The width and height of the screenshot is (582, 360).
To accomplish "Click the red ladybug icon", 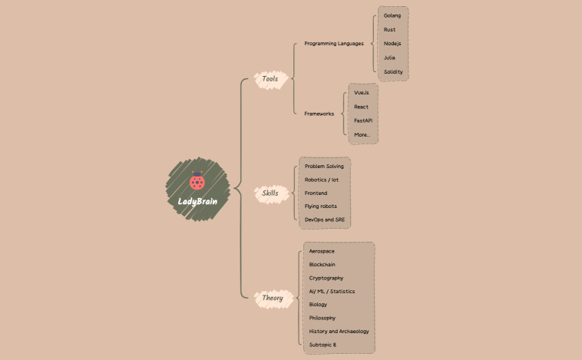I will pos(197,183).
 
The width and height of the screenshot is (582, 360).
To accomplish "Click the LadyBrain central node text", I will pos(197,202).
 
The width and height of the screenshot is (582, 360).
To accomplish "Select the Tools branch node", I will pos(270,79).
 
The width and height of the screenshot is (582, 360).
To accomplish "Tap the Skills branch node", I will pos(270,193).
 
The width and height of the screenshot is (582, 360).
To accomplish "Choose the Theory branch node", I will pos(272,298).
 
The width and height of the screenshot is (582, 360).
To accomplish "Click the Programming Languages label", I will pos(333,43).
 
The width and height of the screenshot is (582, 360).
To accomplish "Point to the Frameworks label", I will pos(319,114).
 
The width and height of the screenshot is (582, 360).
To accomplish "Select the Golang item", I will pos(392,15).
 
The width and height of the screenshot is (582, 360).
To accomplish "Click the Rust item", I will pos(390,29).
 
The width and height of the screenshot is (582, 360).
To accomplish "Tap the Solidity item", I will pos(393,71).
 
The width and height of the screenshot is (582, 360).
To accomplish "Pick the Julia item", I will pos(390,58).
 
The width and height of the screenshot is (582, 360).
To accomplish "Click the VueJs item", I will pos(362,92).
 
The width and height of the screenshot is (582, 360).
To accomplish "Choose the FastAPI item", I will pos(363,121).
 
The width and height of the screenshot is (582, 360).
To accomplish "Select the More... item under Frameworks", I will pos(362,134).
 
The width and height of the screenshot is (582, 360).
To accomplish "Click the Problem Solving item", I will pos(324,166).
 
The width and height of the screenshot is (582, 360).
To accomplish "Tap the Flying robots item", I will pos(320,206).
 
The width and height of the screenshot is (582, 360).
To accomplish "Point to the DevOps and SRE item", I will pos(324,220).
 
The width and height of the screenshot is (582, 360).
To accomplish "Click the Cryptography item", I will pos(326,278).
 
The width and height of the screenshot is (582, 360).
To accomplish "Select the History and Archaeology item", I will pos(339,331).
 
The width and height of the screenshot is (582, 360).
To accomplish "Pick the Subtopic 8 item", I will pos(322,345).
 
